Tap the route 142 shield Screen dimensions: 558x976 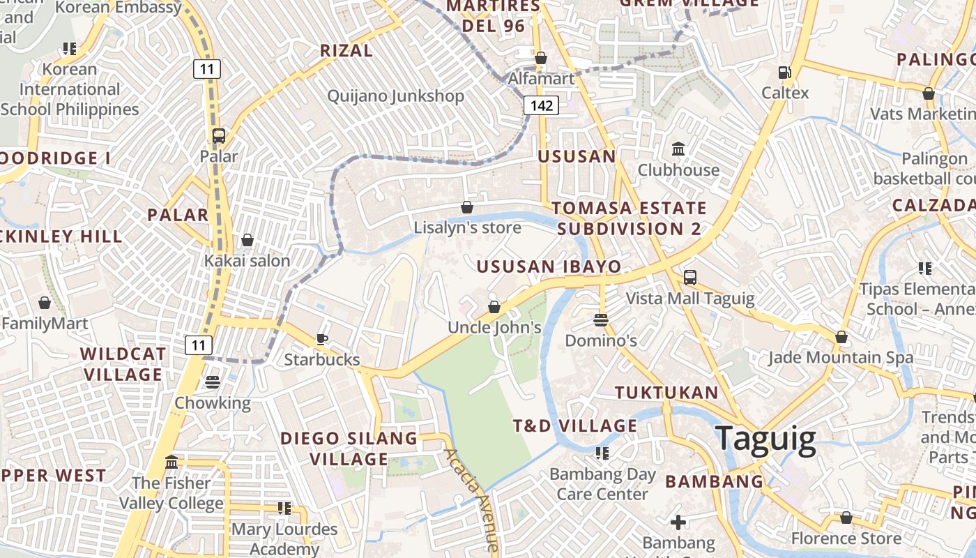(541, 105)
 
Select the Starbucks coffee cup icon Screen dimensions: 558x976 (321, 339)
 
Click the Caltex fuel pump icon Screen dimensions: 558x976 (785, 72)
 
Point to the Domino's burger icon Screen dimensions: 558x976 (601, 320)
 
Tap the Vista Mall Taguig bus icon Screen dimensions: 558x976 (689, 278)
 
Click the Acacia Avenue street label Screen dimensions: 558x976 (472, 499)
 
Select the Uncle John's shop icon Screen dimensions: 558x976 (494, 307)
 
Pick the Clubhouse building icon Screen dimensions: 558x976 (678, 149)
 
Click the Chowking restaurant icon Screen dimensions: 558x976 (213, 382)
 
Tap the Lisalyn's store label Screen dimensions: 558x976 (467, 228)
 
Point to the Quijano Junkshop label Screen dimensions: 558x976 (395, 96)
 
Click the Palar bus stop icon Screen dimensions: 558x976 (219, 136)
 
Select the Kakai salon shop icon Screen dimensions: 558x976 (247, 241)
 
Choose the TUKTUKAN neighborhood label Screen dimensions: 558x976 (666, 393)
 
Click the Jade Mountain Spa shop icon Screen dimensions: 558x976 (841, 338)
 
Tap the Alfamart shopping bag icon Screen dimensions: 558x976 (541, 58)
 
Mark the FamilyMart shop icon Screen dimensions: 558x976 (45, 303)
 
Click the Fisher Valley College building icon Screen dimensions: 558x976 (171, 462)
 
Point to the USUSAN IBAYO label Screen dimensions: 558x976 (549, 266)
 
